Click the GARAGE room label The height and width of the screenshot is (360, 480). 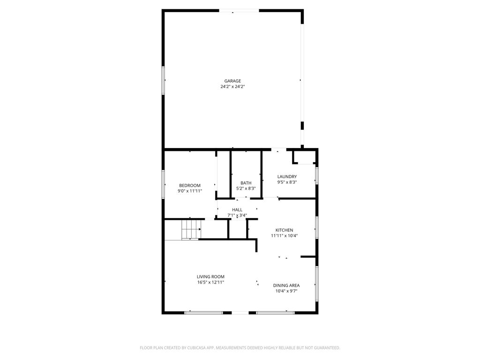coord(232,81)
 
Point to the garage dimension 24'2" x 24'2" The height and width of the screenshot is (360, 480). coord(232,86)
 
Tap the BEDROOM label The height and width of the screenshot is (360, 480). coord(189,185)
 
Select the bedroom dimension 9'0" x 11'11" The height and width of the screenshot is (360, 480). coord(189,191)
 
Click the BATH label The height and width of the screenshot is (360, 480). coord(246,183)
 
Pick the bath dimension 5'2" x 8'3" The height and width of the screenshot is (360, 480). coord(246,188)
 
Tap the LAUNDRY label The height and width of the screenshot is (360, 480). coord(287,176)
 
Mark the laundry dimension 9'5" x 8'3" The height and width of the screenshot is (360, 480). coord(287,182)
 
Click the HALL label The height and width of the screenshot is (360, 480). coord(237,210)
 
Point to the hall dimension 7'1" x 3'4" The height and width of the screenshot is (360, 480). coord(237,215)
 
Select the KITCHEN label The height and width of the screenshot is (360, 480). coord(284,230)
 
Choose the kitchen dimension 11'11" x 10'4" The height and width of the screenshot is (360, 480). coord(284,235)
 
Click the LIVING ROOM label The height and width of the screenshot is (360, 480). coord(210,277)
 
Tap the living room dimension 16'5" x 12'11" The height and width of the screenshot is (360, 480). coord(210,282)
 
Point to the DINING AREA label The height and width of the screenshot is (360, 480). coord(286,285)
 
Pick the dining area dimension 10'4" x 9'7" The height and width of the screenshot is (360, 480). coord(286,291)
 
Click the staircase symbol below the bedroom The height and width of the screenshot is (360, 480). coord(191,229)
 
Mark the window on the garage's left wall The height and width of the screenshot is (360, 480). coord(164,81)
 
